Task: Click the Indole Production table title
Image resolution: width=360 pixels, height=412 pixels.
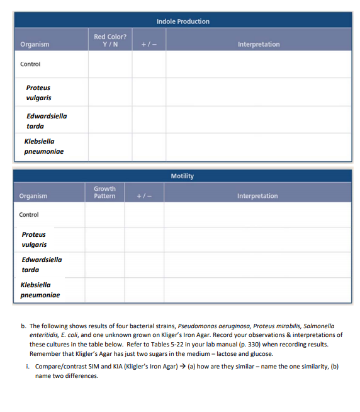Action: point(183,21)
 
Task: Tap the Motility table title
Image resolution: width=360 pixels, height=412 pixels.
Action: point(183,176)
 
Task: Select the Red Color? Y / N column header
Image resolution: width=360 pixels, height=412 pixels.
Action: point(110,40)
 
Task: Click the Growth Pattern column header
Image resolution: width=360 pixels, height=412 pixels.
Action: point(104,192)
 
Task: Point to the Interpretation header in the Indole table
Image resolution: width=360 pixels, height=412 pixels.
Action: point(259,44)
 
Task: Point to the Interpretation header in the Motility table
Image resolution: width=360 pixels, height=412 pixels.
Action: point(257,196)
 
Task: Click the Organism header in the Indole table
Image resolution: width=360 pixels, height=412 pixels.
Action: point(35,44)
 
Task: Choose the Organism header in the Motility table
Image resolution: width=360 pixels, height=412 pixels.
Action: point(33,196)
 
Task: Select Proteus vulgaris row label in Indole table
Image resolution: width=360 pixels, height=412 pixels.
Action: point(38,93)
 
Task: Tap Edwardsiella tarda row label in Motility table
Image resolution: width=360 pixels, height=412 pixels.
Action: point(42,265)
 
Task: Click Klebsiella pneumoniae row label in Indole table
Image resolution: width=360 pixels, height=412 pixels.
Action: point(44,146)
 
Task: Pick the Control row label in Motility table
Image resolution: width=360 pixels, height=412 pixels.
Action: point(29,215)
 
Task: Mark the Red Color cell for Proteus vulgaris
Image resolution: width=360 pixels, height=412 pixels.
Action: point(110,92)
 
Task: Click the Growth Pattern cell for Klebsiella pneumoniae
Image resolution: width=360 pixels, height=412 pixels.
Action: point(104,290)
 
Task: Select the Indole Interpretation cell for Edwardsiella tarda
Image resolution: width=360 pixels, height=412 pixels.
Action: point(259,120)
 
